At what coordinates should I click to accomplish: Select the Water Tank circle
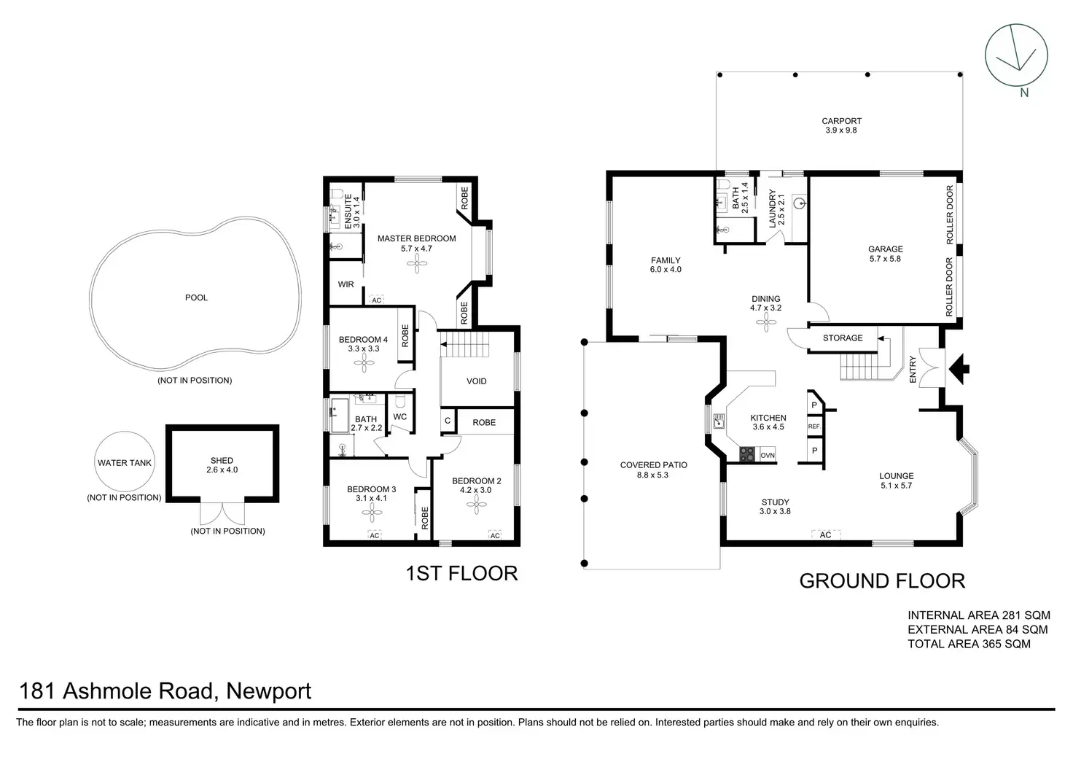pos(125,462)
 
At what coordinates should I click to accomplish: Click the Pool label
pos(196,297)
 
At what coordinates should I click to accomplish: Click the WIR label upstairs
pos(346,284)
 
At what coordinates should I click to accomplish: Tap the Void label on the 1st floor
pos(476,381)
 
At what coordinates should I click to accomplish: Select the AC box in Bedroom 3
pos(374,535)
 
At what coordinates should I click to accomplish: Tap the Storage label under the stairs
pos(842,338)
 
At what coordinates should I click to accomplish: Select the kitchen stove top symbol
pos(748,455)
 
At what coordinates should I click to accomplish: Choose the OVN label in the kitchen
pos(768,455)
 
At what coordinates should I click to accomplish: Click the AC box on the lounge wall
pos(825,535)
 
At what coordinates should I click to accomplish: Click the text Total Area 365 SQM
pos(968,644)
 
